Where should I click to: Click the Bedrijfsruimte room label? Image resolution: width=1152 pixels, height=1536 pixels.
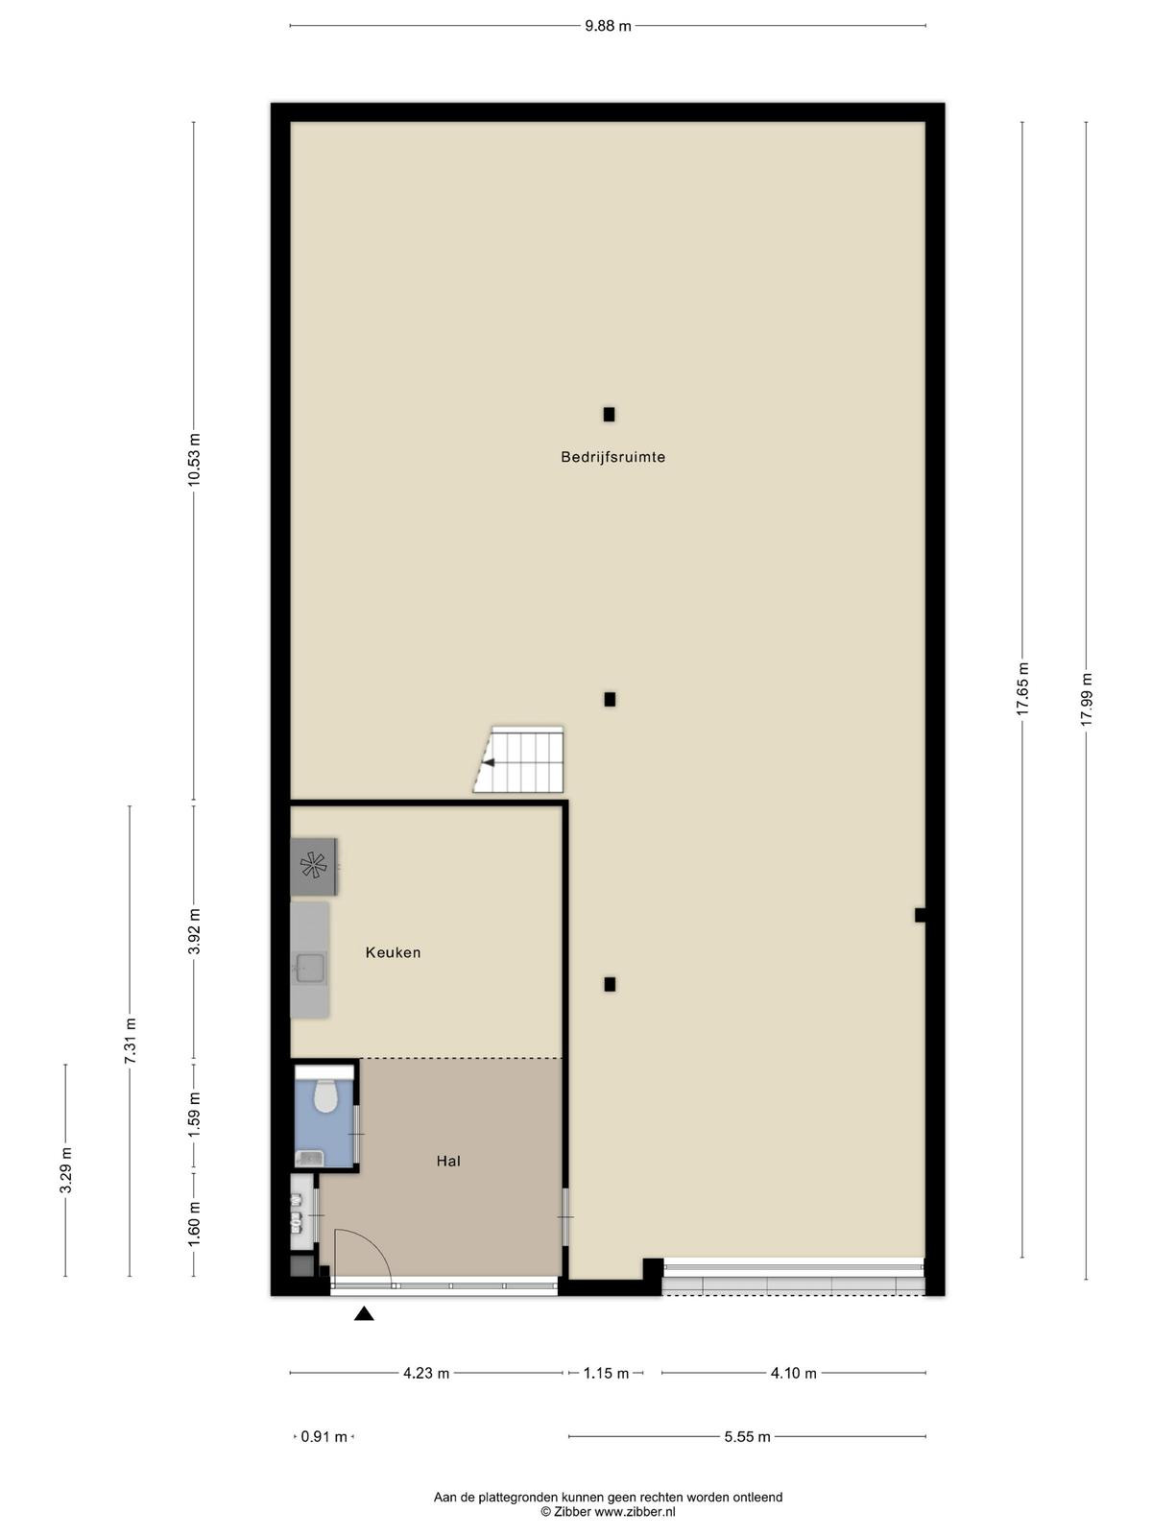click(x=612, y=458)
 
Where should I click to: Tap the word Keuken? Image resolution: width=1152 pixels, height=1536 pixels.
click(x=393, y=952)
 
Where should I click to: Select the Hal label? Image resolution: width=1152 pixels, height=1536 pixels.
click(x=448, y=1161)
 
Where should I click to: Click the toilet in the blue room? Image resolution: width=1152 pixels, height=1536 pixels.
click(x=324, y=1096)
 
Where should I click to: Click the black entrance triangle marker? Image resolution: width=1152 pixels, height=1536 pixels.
click(x=364, y=1313)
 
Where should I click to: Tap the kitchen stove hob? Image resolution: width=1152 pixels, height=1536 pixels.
click(x=313, y=866)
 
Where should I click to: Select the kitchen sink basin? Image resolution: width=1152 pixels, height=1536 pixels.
click(x=310, y=971)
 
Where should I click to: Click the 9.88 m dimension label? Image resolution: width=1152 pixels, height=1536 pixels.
click(x=608, y=27)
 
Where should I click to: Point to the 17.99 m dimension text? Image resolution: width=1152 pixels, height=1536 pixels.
click(x=1087, y=699)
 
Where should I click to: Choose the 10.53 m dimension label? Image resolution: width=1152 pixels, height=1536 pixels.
click(x=195, y=460)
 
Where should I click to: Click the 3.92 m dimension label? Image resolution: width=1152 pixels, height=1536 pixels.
click(x=195, y=931)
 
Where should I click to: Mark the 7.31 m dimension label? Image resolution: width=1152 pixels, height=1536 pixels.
click(x=131, y=1042)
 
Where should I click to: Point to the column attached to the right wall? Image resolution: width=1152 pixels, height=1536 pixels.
click(x=921, y=915)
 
